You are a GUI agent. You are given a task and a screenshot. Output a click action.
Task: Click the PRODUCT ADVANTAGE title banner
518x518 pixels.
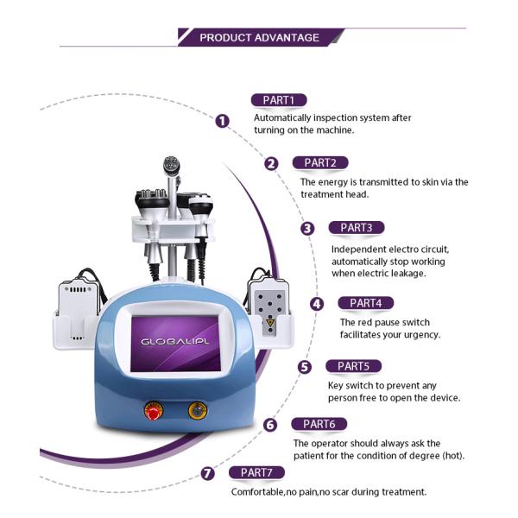coord(261,37)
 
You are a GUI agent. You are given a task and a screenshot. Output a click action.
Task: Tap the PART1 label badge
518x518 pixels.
coord(279,100)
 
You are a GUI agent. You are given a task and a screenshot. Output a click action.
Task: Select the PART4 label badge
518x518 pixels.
coord(366,303)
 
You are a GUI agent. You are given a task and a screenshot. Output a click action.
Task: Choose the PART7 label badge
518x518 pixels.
coord(256,472)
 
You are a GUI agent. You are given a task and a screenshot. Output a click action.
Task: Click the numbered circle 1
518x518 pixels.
coord(223,121)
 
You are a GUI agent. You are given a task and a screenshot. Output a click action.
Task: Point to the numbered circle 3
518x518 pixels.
coord(307,229)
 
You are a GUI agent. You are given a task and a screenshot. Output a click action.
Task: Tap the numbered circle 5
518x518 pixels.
coord(304,367)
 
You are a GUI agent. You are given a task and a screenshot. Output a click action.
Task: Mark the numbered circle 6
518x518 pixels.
coord(270,425)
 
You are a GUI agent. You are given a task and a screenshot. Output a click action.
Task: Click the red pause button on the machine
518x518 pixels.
coord(154,411)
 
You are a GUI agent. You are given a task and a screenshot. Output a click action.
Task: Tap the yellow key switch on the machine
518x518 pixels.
coord(197,410)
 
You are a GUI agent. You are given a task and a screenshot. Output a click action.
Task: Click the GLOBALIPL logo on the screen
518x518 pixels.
coord(175,342)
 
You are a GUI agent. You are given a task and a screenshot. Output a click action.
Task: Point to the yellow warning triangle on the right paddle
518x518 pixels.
coord(270,323)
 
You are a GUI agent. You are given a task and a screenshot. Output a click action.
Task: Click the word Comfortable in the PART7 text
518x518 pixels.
coord(257,492)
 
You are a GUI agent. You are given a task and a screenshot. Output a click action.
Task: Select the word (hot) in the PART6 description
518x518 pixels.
coord(453,456)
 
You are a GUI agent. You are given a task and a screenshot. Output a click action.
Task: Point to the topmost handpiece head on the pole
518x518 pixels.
coord(171,165)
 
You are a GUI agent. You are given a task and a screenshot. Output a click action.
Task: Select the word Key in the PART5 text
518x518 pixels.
coord(335,386)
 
